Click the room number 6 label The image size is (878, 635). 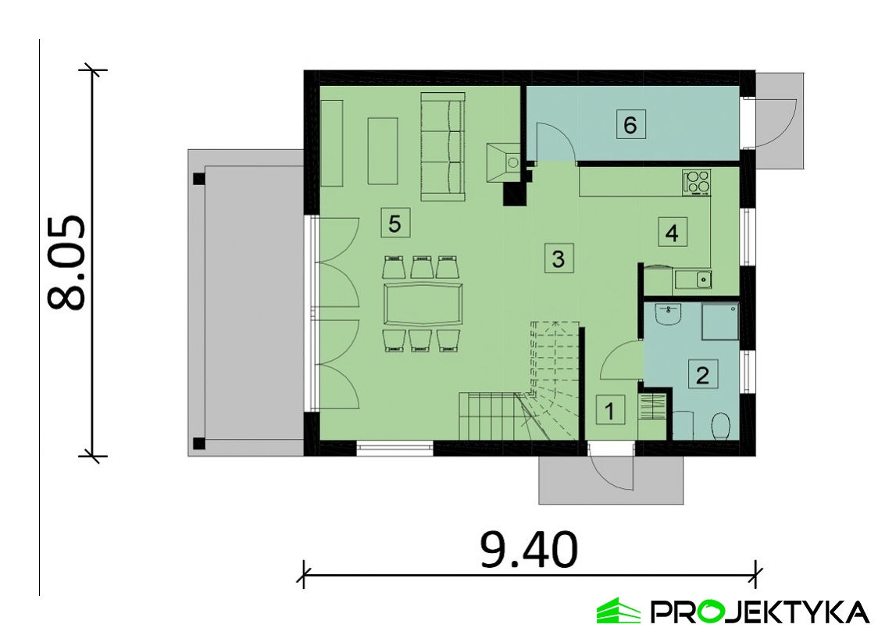pos(630,124)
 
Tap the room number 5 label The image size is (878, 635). pos(394,223)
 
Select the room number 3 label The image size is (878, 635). pos(558,259)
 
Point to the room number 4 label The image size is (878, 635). pos(672,232)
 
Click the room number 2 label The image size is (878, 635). pos(702,373)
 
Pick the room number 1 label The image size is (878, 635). pos(609,411)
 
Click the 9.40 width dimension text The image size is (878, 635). pos(529,549)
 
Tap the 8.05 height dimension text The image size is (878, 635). pos(66,262)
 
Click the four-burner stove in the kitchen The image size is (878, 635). pos(697,183)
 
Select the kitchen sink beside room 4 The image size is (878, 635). pos(693,279)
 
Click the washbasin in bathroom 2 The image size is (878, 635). pos(667,314)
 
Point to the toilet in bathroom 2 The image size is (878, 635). pos(720,426)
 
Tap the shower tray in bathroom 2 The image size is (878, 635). pos(720,322)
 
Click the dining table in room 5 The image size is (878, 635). pos(423,305)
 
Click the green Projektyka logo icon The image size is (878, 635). pos(618,610)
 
